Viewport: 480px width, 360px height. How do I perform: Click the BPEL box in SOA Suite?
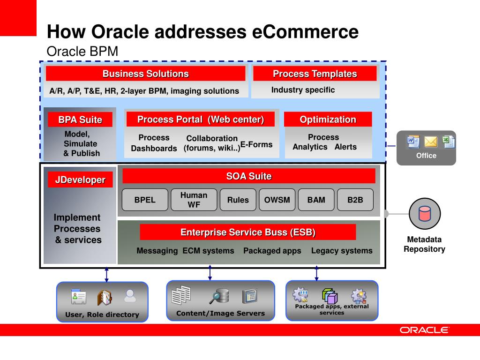tap(145, 200)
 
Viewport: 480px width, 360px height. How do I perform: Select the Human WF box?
tap(194, 200)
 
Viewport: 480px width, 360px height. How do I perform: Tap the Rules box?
tap(238, 200)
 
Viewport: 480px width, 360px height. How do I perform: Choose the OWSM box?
tap(277, 200)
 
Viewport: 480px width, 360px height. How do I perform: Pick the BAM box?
tap(316, 200)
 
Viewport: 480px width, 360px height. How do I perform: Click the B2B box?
tap(355, 200)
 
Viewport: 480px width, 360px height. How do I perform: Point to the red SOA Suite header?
tap(249, 176)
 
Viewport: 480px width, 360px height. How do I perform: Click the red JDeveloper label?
tap(80, 180)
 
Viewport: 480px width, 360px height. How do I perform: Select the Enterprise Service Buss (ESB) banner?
tap(247, 232)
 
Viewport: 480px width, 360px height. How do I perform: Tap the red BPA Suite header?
tap(80, 120)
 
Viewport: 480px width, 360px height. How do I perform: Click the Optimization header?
tap(328, 120)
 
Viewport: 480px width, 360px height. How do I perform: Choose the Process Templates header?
tap(315, 74)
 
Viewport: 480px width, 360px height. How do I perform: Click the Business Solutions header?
tap(145, 74)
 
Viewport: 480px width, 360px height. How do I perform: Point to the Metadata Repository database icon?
tap(425, 214)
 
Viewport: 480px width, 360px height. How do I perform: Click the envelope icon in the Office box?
tap(431, 142)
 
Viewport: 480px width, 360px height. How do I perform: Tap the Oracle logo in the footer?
tap(424, 330)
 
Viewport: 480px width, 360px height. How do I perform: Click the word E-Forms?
tap(256, 144)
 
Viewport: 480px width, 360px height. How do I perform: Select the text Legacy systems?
tap(342, 251)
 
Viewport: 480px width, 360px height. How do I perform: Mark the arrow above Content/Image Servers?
tap(210, 273)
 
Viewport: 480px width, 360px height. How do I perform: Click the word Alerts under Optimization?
tap(345, 147)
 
